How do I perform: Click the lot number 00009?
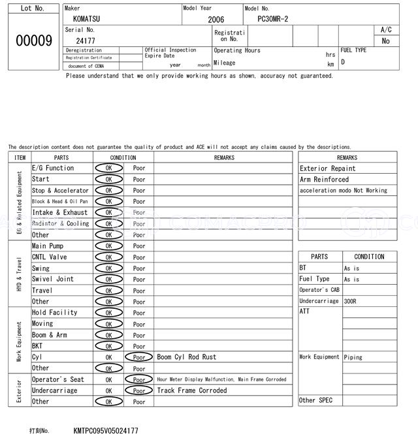33,41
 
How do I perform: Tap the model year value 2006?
216,20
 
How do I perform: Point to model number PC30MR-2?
268,19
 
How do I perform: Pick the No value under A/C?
385,40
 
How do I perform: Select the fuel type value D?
343,62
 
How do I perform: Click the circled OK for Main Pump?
108,246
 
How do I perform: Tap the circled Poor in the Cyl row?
139,357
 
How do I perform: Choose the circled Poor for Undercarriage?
139,390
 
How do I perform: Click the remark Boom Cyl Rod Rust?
187,357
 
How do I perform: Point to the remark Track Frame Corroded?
192,390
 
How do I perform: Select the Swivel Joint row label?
53,279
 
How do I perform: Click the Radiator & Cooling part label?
60,224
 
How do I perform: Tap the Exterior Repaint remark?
327,168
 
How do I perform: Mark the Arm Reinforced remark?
324,180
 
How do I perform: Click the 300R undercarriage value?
351,301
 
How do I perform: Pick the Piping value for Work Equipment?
353,357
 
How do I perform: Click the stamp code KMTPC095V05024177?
106,431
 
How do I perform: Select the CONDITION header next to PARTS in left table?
123,157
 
